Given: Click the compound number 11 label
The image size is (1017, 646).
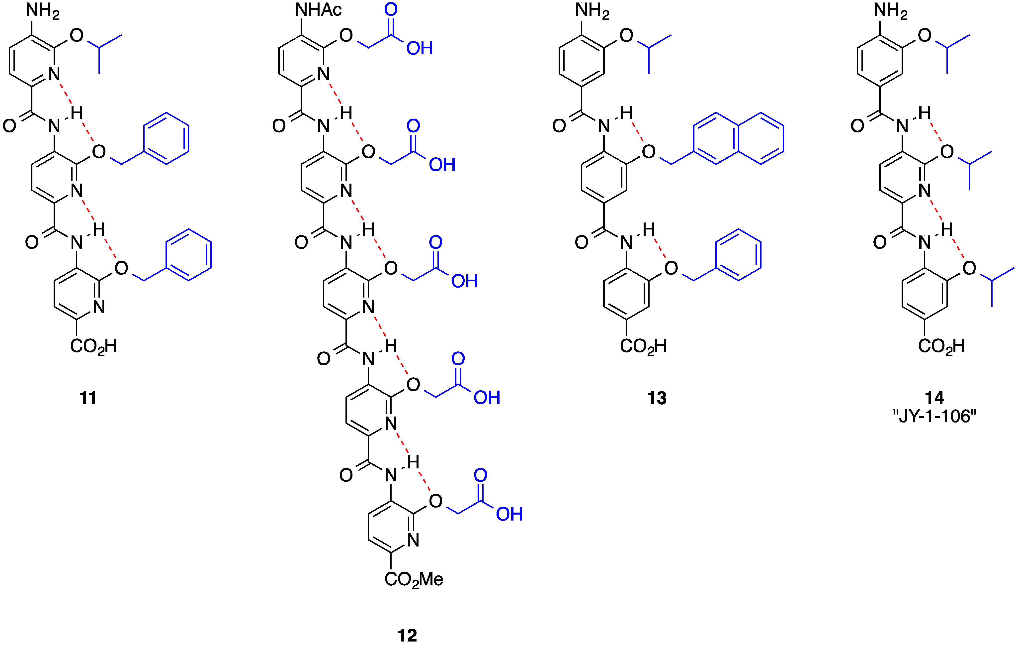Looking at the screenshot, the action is click(x=88, y=398).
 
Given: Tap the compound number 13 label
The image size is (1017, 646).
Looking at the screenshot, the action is click(x=657, y=398).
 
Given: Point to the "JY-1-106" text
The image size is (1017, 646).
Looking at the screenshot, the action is click(x=935, y=417).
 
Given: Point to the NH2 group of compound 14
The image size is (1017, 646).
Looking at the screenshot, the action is click(x=891, y=10).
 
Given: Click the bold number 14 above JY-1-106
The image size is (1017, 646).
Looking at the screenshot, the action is click(x=934, y=398).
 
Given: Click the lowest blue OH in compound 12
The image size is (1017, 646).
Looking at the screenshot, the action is click(x=509, y=514).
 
